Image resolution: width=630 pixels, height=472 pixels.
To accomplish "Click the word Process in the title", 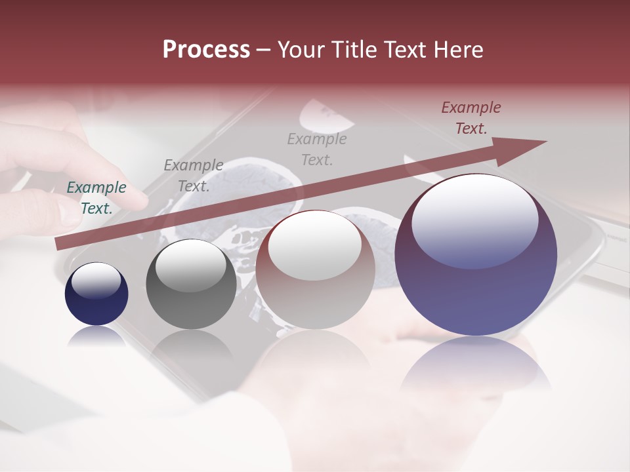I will (206, 50).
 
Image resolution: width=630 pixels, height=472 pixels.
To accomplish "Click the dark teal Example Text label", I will (96, 197).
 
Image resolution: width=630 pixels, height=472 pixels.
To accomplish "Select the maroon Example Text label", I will (471, 118).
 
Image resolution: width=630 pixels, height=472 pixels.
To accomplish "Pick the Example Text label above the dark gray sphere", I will (193, 175).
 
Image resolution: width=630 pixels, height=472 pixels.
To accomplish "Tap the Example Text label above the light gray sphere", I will (316, 149).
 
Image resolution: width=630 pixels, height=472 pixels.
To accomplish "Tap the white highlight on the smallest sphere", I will (96, 281).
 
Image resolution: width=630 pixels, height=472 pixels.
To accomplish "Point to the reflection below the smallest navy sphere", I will (96, 336).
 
